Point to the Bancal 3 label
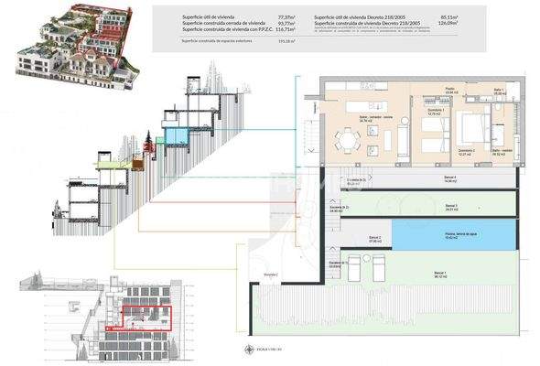(x=449, y=207)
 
